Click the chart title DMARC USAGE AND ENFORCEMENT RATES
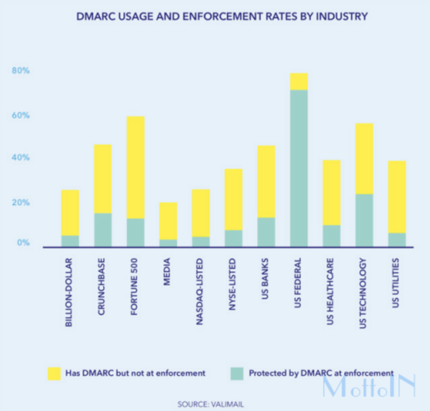(222, 17)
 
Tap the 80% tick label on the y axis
(20, 71)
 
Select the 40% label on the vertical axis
(20, 158)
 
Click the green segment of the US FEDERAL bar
(299, 167)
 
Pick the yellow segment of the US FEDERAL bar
(299, 82)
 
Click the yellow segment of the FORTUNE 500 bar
(136, 167)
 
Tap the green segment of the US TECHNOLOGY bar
(364, 220)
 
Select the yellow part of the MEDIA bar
(168, 221)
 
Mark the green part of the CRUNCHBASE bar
(102, 230)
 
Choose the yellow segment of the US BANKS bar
(266, 181)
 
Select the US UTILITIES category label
(396, 283)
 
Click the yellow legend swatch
(54, 373)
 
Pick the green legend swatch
(237, 373)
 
